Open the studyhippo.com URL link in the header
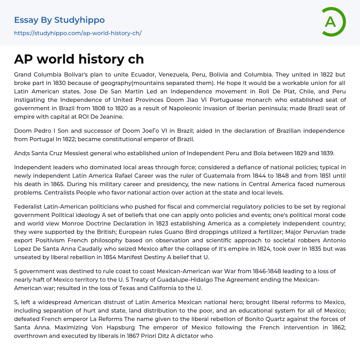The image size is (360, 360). tap(78, 33)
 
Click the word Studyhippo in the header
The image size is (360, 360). tap(79, 20)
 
